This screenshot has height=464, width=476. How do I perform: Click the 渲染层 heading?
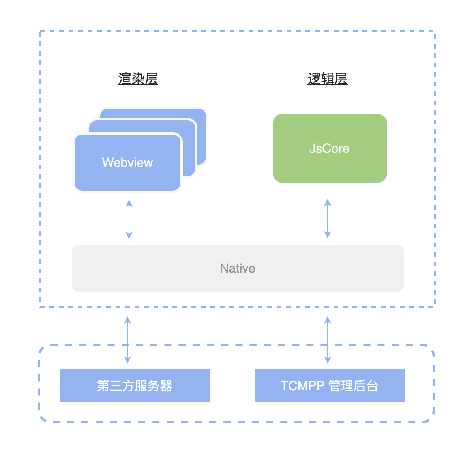pyautogui.click(x=138, y=79)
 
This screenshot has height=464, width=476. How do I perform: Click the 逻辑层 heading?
pyautogui.click(x=328, y=79)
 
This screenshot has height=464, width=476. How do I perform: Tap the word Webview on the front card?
pyautogui.click(x=127, y=163)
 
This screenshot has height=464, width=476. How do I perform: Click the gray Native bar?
pyautogui.click(x=158, y=268)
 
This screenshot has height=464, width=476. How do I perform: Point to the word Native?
pyautogui.click(x=238, y=268)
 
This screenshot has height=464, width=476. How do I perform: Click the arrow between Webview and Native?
pyautogui.click(x=129, y=219)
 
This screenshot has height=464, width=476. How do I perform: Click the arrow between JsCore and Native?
pyautogui.click(x=328, y=219)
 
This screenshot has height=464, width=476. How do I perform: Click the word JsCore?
pyautogui.click(x=329, y=148)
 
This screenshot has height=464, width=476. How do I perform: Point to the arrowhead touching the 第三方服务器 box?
pyautogui.click(x=127, y=359)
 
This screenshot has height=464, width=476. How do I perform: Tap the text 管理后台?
pyautogui.click(x=353, y=385)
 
